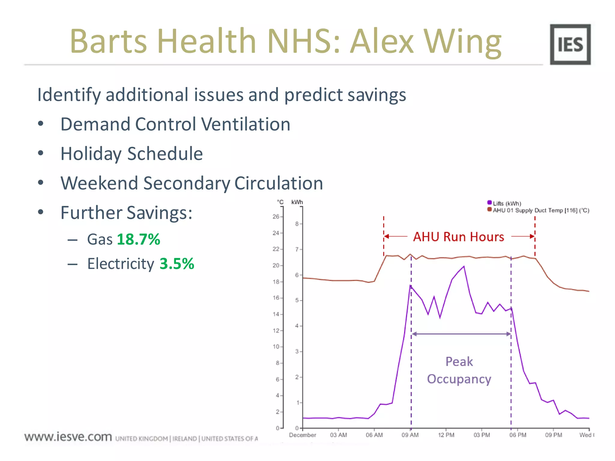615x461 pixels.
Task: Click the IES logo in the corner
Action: pyautogui.click(x=570, y=44)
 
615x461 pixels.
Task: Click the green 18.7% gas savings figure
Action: pyautogui.click(x=138, y=240)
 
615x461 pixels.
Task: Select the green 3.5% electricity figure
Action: pyautogui.click(x=177, y=264)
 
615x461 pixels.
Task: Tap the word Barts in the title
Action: pyautogui.click(x=108, y=41)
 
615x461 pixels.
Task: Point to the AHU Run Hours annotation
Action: pyautogui.click(x=459, y=237)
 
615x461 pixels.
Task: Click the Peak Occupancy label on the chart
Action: pyautogui.click(x=459, y=370)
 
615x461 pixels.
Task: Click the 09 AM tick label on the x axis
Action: pyautogui.click(x=410, y=435)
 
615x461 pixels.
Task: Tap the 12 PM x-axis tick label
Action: pyautogui.click(x=446, y=435)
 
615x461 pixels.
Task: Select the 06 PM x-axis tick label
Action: pyautogui.click(x=518, y=435)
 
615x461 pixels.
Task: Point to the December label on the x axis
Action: pyautogui.click(x=302, y=435)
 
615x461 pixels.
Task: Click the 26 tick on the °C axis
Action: pyautogui.click(x=276, y=216)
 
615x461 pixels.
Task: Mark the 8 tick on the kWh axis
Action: pyautogui.click(x=297, y=224)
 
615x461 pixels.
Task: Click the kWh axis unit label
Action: pyautogui.click(x=297, y=202)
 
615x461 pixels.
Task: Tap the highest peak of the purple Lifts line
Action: pyautogui.click(x=464, y=266)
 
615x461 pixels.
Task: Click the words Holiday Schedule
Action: pyautogui.click(x=132, y=154)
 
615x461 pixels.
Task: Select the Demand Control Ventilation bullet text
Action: pyautogui.click(x=175, y=124)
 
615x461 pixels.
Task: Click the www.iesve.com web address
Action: pyautogui.click(x=68, y=437)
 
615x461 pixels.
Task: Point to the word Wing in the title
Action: pyautogui.click(x=462, y=41)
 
